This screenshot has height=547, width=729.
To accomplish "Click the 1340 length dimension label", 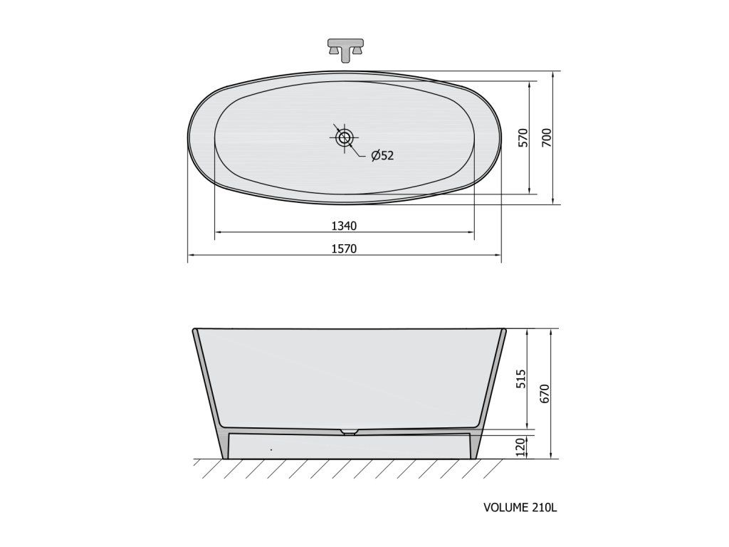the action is coord(344,226).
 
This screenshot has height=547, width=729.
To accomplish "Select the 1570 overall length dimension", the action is coord(344,249).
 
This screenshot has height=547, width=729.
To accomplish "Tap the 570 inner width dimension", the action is coord(523,138).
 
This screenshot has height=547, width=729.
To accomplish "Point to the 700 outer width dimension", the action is coord(546,138).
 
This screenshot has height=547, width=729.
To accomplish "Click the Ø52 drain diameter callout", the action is coord(382,155).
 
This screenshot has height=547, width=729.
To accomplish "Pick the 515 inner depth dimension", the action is coord(522,379).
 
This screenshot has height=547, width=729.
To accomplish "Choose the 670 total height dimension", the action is coord(545,394).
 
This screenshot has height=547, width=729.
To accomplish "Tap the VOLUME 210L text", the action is coord(520,507).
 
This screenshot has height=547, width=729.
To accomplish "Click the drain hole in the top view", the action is coord(345,137).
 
